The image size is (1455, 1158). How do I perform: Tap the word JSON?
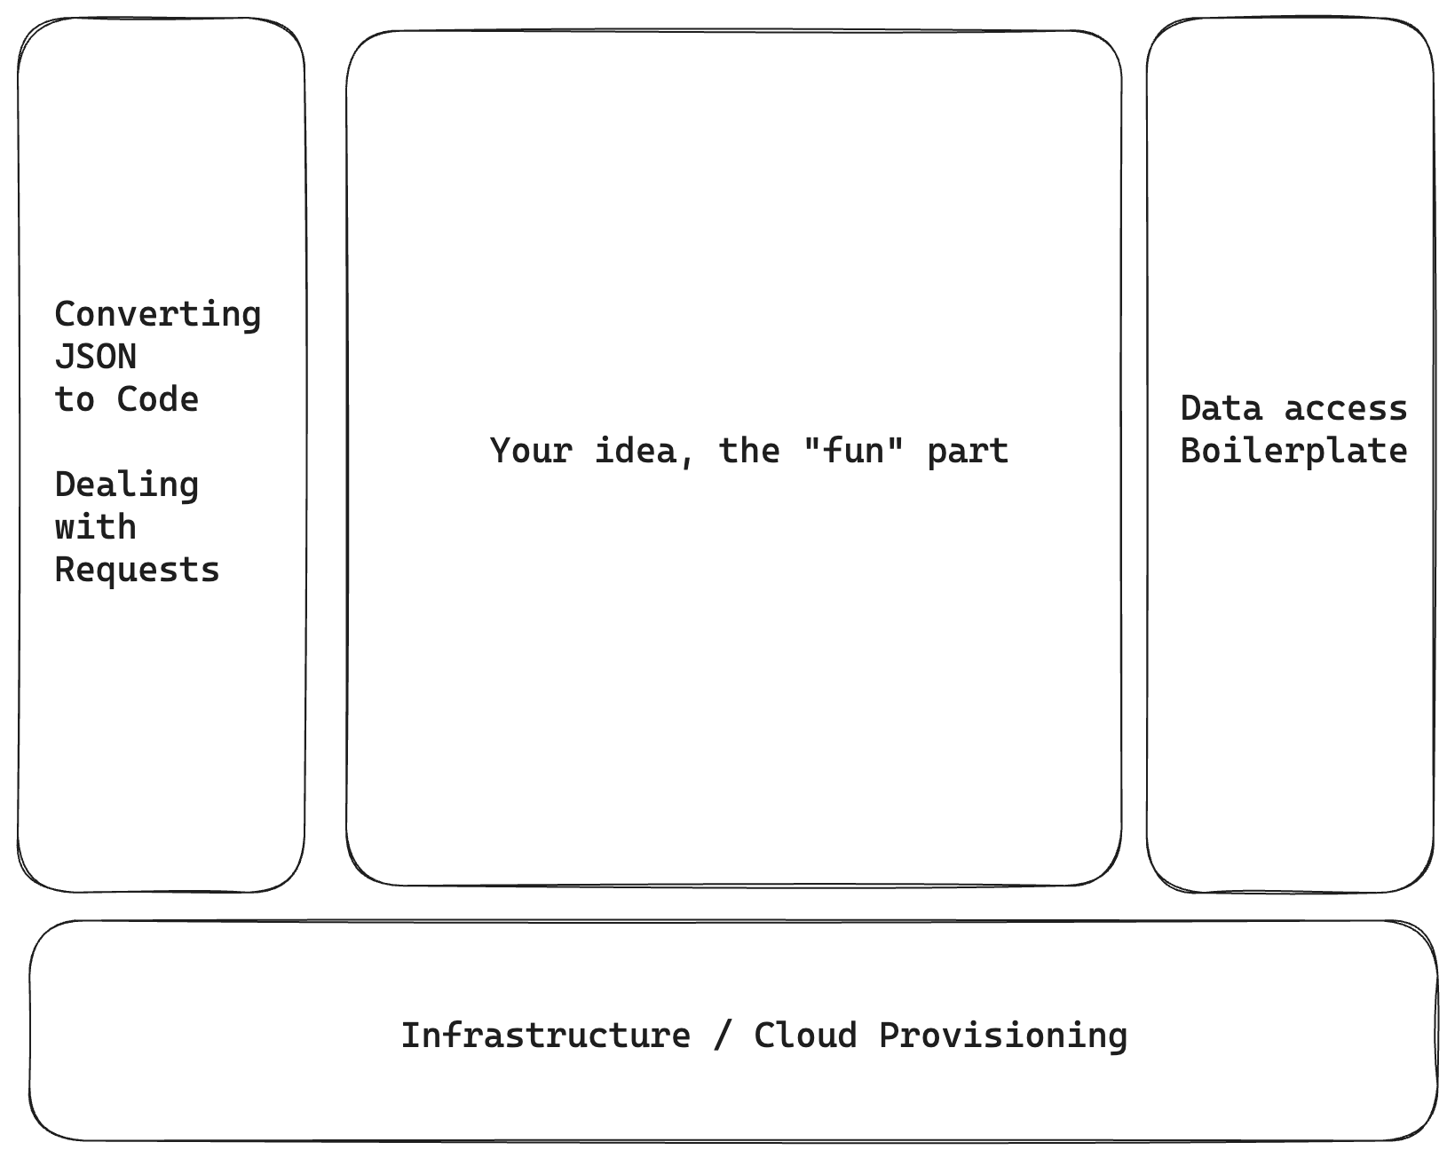[96, 358]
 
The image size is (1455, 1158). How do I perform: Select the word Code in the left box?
[158, 400]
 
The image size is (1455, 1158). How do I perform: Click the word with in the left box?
[96, 528]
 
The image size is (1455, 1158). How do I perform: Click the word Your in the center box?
[531, 452]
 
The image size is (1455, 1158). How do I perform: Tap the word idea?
[634, 452]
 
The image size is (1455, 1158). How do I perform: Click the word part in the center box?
[968, 452]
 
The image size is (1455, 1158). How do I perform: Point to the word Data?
[1221, 409]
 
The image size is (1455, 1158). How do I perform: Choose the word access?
[1346, 409]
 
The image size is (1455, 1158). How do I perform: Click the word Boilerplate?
[1293, 452]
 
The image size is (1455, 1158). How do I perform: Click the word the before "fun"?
[748, 452]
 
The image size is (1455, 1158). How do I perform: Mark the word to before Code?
[75, 400]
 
